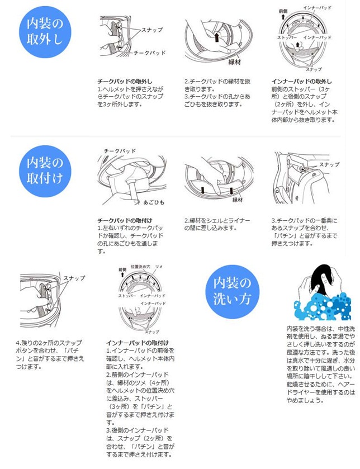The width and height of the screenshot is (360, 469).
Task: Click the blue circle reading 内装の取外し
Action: [x=45, y=32]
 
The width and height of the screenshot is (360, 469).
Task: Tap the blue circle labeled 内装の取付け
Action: [x=45, y=171]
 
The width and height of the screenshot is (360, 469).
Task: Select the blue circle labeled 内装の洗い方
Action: [x=232, y=291]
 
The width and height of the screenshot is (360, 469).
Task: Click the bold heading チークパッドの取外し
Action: [x=125, y=82]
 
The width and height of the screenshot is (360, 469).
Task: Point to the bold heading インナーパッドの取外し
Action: [x=301, y=82]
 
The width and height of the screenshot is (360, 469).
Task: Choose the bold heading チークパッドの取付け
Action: [x=125, y=221]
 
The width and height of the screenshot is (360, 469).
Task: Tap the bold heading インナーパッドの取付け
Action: [x=138, y=343]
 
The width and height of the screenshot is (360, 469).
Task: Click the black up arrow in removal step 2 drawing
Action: [x=217, y=37]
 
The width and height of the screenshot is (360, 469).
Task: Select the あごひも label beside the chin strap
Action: [x=154, y=202]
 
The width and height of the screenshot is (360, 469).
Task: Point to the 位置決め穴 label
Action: [x=140, y=267]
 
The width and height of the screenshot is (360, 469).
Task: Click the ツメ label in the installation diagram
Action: [x=159, y=267]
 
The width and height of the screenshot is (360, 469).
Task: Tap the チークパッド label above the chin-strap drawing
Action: [x=120, y=151]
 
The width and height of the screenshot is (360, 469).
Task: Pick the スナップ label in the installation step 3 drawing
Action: [x=329, y=164]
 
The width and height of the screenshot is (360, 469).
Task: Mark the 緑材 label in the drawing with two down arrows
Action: [x=238, y=200]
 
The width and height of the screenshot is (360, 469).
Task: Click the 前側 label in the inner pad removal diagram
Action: [x=283, y=11]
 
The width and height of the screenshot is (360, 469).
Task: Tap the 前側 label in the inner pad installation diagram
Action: [x=122, y=269]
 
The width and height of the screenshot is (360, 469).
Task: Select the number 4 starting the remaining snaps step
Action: [x=18, y=343]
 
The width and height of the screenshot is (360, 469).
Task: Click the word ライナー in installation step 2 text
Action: [x=239, y=221]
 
